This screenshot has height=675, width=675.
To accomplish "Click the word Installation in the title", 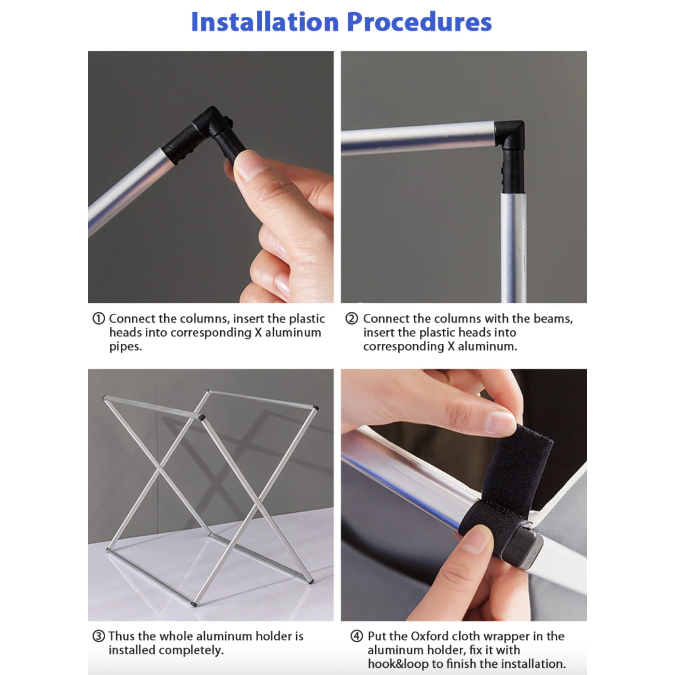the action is pos(265,22).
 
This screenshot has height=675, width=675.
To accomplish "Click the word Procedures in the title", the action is pos(419,22).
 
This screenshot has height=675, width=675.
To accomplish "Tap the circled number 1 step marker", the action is pos(98,318).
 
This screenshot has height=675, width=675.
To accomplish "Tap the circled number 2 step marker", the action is pos(352,318).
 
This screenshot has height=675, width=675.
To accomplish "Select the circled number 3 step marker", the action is pos(98,636).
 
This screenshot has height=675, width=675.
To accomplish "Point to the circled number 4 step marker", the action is pos(357,636).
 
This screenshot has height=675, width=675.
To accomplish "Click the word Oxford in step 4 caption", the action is pos(429,636).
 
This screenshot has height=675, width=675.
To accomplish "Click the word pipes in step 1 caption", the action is pos(126,347).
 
